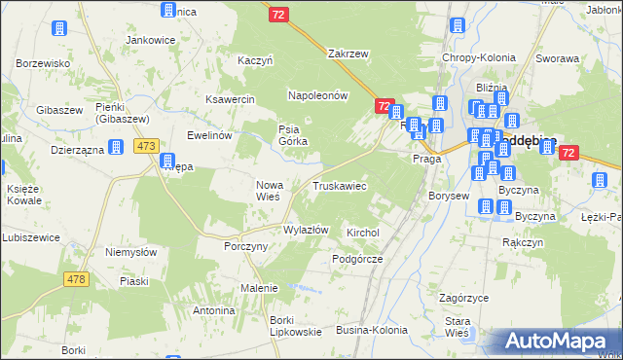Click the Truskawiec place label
tap(339, 185)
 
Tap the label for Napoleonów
tap(317, 95)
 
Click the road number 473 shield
tap(146, 146)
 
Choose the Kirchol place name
tap(362, 234)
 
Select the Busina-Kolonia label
tap(372, 331)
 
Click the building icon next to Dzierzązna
tap(116, 148)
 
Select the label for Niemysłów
tap(130, 251)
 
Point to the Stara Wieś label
tap(458, 327)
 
